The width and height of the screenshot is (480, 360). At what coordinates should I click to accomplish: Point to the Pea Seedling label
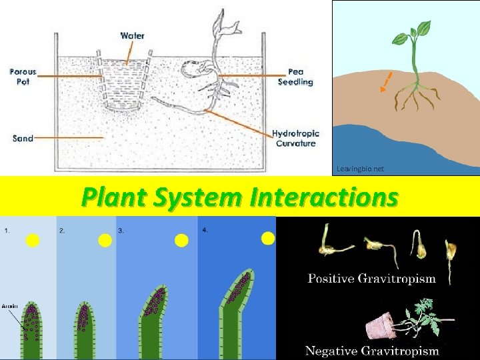(299, 77)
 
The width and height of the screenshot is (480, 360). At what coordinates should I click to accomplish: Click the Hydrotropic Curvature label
(295, 139)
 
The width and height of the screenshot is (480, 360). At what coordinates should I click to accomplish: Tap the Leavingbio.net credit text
(360, 169)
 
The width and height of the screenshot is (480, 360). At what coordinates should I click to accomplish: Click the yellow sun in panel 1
(33, 241)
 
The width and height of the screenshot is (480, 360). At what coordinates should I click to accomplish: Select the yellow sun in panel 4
(268, 238)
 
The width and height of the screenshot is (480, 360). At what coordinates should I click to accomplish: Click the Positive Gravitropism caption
(371, 279)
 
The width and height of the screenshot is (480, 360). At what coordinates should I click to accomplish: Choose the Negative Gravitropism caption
(371, 350)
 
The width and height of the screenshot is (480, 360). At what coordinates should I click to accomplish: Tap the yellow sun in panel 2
(105, 241)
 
